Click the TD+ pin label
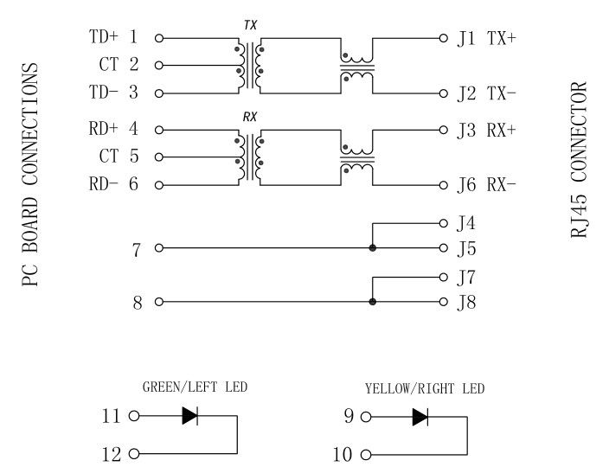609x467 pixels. [x=104, y=37]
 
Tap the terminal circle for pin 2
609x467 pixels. [x=158, y=65]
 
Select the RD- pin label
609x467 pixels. [x=103, y=184]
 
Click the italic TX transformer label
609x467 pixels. [x=250, y=26]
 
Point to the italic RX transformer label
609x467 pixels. [x=250, y=116]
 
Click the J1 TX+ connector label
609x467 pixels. [x=487, y=38]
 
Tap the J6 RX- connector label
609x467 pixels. [x=487, y=184]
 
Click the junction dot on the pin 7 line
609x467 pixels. [x=373, y=248]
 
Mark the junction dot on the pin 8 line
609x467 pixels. [x=373, y=303]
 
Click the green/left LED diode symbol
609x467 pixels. [x=190, y=416]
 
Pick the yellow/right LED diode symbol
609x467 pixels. [x=420, y=416]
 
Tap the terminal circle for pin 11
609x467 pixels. [x=133, y=416]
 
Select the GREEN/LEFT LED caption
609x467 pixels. [x=195, y=387]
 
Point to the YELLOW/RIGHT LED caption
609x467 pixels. [x=425, y=388]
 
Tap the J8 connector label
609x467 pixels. [x=466, y=303]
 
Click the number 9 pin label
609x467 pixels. [x=349, y=417]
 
